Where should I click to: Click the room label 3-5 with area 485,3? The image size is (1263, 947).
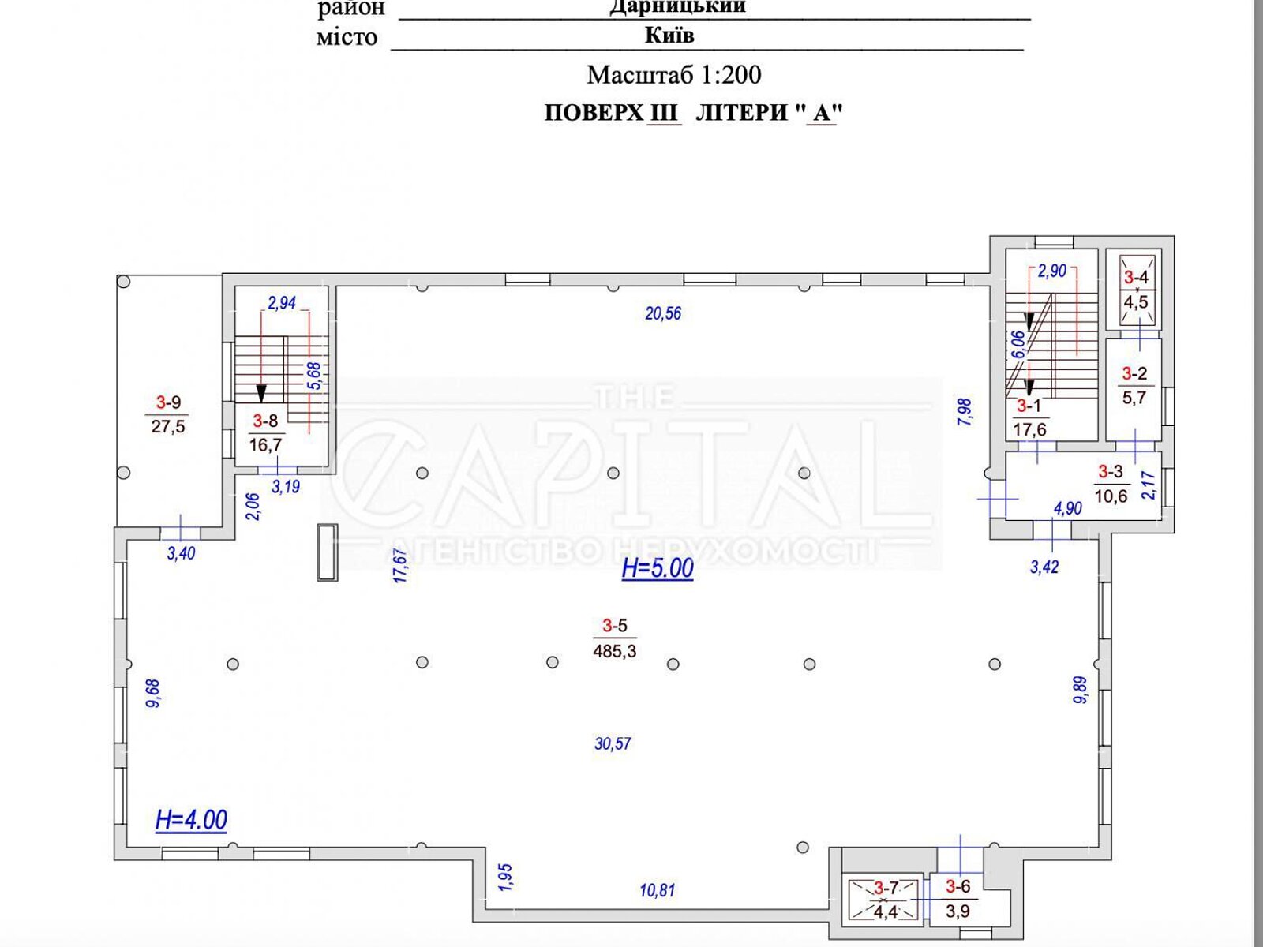coord(614,638)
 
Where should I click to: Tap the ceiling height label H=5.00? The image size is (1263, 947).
coord(658,569)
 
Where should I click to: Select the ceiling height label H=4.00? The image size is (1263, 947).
coord(191,820)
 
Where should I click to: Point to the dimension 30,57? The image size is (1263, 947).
coord(613,744)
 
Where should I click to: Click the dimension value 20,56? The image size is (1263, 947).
coord(663,313)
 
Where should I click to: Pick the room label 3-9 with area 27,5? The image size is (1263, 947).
coord(168,414)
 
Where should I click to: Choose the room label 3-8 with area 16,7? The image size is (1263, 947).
coord(265,433)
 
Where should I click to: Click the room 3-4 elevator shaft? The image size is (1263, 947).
coord(1137,291)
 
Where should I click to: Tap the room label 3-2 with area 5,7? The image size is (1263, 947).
coord(1134,386)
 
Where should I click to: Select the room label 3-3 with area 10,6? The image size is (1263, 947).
coord(1111,484)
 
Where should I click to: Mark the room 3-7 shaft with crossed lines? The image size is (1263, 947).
coord(885,900)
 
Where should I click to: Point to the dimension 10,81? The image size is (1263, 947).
coord(657,891)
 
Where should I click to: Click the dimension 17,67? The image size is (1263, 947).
coord(400,567)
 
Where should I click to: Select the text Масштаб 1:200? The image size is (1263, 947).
coord(674,75)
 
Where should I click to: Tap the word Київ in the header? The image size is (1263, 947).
coord(669,36)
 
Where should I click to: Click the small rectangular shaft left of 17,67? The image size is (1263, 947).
coord(328,552)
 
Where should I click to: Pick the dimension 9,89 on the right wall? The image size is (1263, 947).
coord(1081,690)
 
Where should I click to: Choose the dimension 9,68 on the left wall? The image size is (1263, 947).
coord(153,694)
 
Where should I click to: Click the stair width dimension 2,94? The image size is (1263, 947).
coord(282,302)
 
